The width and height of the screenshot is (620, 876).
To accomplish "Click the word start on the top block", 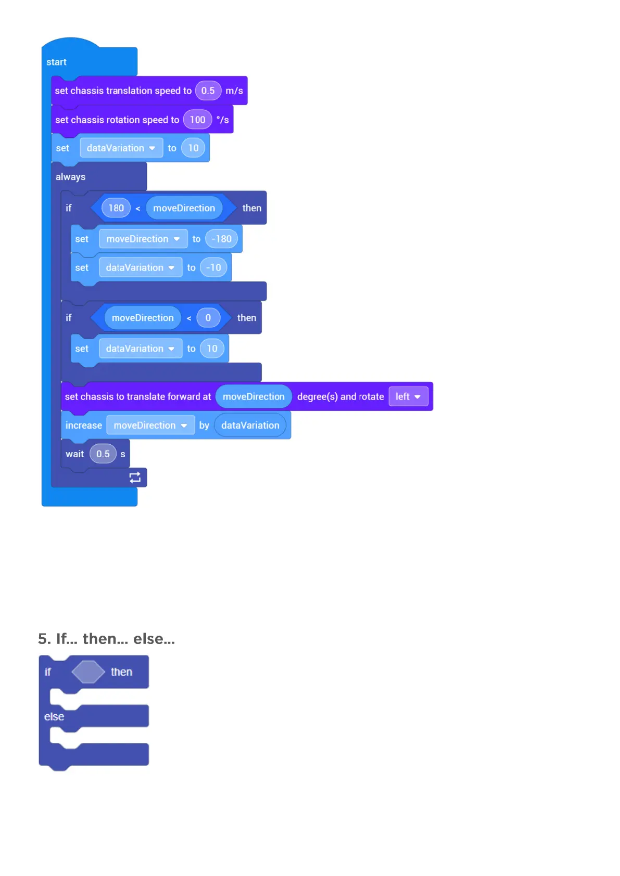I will point(56,62).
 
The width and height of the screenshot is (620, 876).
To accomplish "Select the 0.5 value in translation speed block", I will point(208,91).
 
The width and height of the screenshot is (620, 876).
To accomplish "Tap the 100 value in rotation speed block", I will point(197,120).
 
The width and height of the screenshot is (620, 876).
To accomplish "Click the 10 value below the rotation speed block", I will point(193,148).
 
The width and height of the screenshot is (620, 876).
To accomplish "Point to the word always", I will point(70,177).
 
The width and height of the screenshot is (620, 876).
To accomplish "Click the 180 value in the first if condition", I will point(116,208).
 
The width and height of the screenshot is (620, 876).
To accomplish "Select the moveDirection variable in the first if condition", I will point(184,208).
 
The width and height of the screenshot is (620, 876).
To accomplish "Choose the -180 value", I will point(221,239).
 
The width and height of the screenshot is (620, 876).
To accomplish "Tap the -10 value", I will point(213,267).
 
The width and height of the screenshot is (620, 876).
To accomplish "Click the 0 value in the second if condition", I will point(208,318).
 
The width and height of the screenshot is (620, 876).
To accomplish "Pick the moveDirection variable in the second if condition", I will point(143,318).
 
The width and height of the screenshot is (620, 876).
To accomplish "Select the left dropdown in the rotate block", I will point(408,396).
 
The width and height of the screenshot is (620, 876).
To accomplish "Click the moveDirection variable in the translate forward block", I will point(254,396).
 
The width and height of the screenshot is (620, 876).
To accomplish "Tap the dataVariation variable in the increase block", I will point(250,426).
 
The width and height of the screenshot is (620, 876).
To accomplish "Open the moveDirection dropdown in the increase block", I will point(150,426).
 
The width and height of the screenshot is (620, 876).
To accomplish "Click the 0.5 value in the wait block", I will point(103,454).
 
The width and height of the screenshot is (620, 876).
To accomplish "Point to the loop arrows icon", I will point(135,478).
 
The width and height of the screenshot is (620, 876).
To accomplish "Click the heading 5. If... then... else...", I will point(106,639).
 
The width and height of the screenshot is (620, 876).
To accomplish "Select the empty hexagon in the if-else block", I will point(88,672).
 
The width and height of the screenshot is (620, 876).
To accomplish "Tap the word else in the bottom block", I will point(54,717).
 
